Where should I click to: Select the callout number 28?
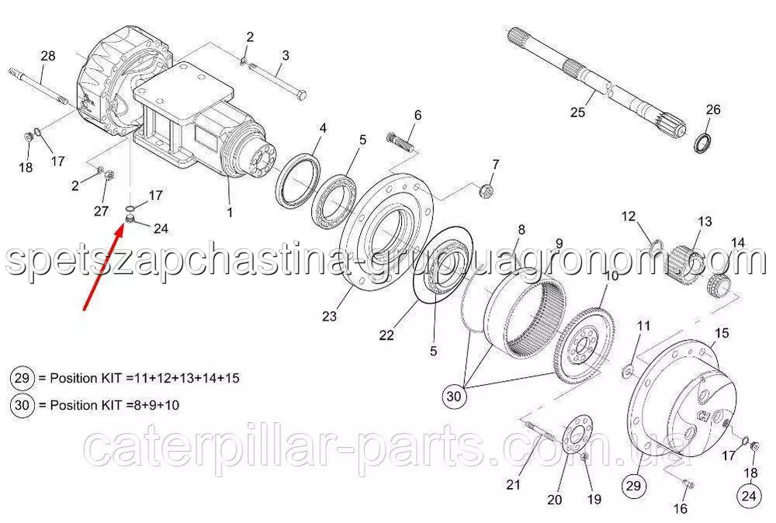point(48,56)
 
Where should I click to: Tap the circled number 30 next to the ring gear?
point(454,396)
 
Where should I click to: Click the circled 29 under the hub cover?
point(633,486)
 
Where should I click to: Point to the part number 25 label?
point(577,113)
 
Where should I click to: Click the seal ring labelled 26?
point(703,143)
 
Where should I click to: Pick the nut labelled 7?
point(486,190)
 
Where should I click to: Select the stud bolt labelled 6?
point(401,140)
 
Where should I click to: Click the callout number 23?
point(329,316)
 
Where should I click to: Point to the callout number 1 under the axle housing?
point(230,213)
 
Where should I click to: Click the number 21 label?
point(513,484)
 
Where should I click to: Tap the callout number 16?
point(681,508)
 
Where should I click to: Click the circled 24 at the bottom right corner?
point(749,495)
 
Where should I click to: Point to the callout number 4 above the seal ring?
point(323,128)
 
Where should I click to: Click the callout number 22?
point(386,335)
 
